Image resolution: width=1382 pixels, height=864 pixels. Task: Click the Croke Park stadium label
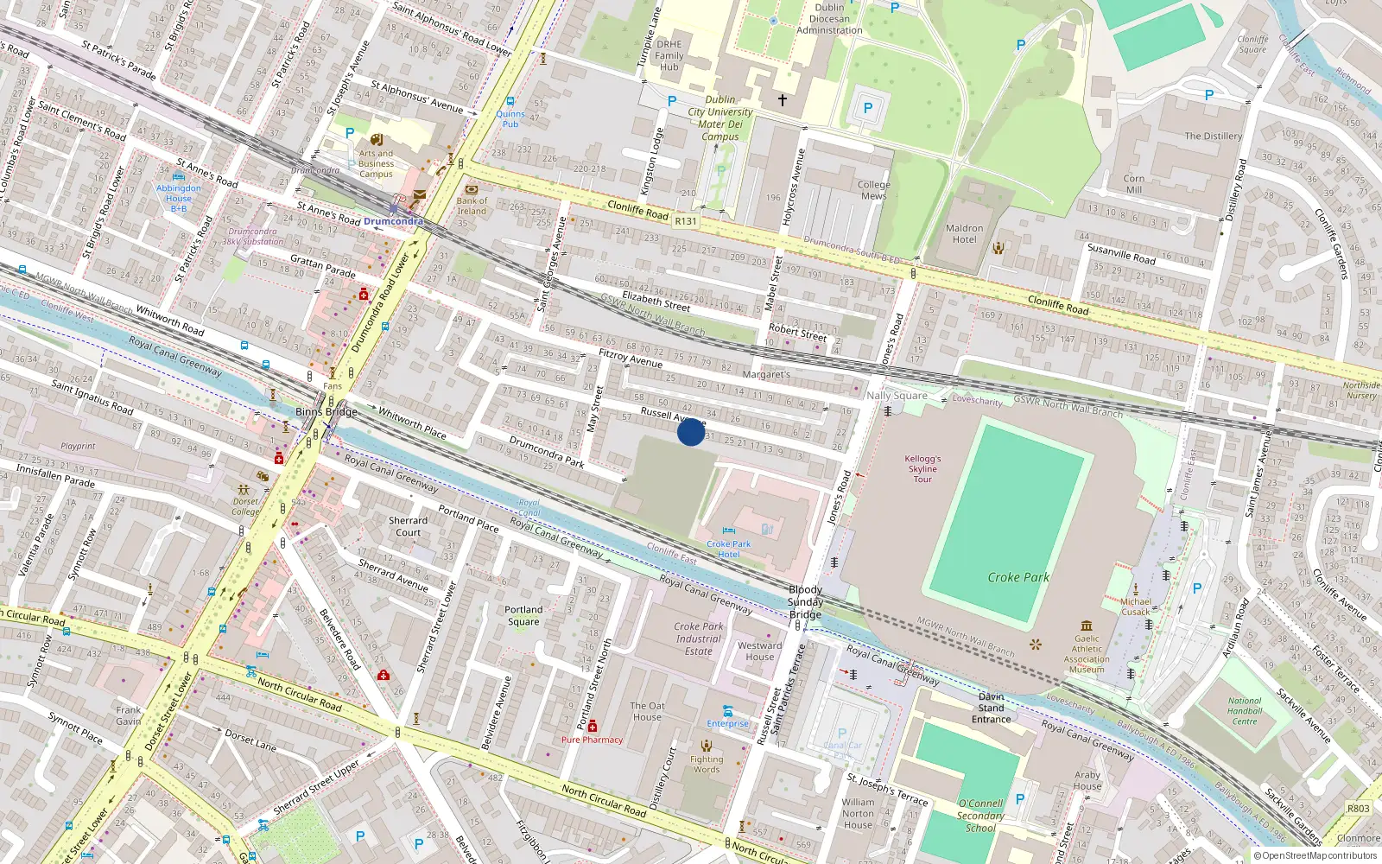[1018, 577]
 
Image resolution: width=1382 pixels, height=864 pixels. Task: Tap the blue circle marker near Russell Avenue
[690, 432]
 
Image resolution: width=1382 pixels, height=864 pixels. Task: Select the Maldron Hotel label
[964, 234]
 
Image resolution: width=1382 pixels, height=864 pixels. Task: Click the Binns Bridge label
[326, 412]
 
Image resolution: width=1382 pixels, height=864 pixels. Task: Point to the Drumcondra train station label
[393, 221]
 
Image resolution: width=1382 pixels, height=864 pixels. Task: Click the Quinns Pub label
[510, 119]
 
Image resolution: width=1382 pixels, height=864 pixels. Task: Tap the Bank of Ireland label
[472, 206]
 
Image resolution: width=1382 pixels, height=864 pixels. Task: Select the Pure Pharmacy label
[592, 740]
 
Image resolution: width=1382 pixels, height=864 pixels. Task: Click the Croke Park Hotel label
[728, 549]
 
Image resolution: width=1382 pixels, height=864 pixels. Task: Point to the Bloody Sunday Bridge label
[805, 602]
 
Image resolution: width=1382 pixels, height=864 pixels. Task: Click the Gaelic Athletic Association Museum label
[1087, 653]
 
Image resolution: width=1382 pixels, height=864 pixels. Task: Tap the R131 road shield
[685, 221]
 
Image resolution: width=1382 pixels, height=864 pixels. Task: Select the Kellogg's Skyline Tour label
[922, 469]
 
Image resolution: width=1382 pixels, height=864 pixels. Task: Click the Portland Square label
[523, 615]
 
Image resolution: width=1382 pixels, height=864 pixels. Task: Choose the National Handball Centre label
[1245, 711]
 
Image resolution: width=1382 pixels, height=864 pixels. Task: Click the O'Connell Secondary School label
[980, 816]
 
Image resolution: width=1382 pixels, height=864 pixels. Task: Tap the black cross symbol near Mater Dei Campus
[783, 100]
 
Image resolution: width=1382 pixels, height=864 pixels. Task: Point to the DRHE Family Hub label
[669, 55]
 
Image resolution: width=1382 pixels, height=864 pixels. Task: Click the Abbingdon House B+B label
[179, 198]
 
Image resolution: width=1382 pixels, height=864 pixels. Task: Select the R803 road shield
[1358, 809]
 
